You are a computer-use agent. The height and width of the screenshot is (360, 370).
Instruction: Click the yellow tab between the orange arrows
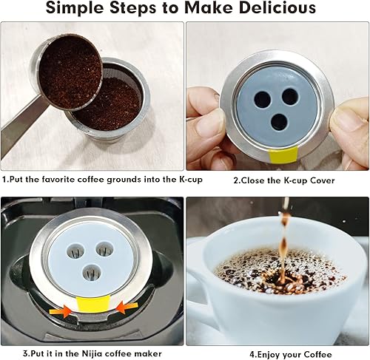tap(95, 306)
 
